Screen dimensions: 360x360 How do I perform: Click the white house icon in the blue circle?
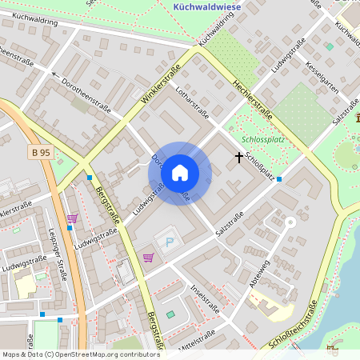pos(180,172)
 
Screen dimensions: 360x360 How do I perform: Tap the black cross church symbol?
pos(238,158)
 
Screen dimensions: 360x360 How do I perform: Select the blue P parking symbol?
pos(168,242)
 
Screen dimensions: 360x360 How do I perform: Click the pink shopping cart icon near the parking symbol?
pos(148,258)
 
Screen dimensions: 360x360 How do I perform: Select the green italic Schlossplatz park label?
pos(263,138)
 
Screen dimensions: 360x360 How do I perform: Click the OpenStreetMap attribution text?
pos(80,354)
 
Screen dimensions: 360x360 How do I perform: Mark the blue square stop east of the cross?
pos(279,179)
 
